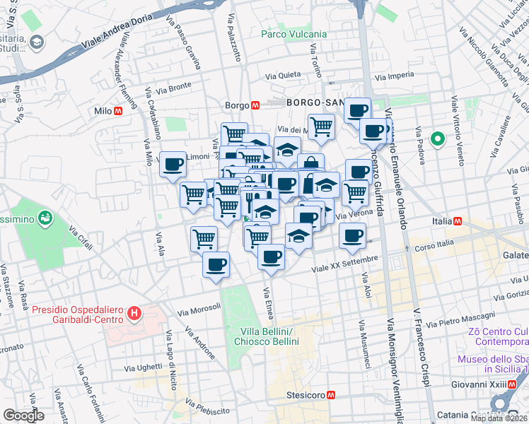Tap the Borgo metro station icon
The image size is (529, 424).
point(256,105)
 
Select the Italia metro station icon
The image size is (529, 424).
point(458,221)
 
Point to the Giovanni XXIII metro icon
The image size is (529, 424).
point(513,384)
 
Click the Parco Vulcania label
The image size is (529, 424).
point(293,34)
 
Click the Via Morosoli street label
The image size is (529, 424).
point(199,309)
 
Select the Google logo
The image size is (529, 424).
point(23,416)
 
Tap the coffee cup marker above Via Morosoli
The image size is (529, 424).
point(216,265)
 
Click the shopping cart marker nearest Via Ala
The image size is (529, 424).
point(204,238)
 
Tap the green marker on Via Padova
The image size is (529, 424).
point(437,139)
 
